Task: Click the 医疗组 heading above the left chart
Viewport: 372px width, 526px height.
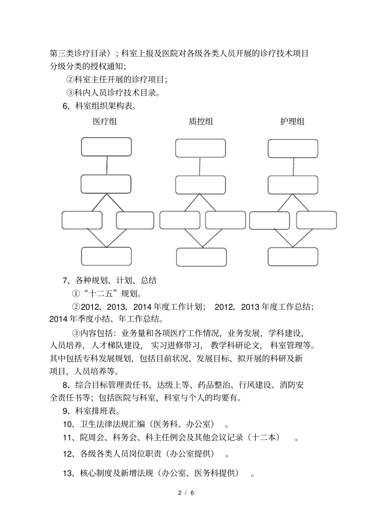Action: pos(105,122)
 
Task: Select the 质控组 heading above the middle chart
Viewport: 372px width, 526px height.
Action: pos(201,122)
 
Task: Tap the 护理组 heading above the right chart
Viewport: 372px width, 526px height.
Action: pos(293,122)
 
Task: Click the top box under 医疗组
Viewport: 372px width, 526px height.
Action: pos(106,147)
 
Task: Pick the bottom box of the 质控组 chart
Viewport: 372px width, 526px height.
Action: pos(201,257)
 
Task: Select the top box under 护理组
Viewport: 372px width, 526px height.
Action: pos(293,149)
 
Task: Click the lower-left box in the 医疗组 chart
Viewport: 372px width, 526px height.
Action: pos(82,220)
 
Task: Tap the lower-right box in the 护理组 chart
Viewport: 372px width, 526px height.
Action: pos(316,220)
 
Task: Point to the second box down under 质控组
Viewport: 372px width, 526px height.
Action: pos(200,185)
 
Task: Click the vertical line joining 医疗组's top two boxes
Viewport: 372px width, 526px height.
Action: pos(107,165)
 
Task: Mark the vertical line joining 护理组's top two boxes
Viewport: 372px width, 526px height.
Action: pos(293,167)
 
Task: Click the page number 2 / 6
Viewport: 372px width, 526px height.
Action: pos(186,493)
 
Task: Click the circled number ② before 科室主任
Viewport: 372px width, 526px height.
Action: pos(70,79)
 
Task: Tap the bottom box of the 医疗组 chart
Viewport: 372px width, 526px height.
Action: pos(106,256)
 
